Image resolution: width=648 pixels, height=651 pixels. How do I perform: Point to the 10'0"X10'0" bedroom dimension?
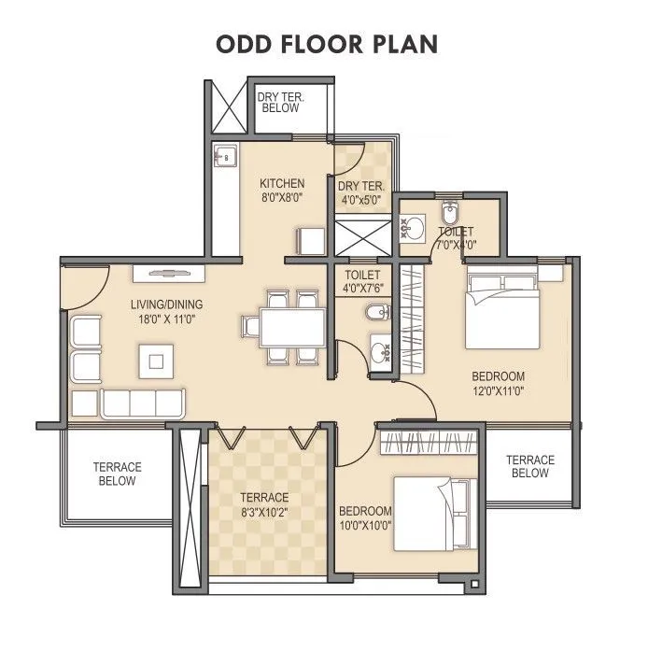pos(364,525)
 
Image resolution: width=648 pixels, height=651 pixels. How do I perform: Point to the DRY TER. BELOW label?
pos(280,102)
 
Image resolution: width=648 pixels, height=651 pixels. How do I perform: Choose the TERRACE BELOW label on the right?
pos(529,467)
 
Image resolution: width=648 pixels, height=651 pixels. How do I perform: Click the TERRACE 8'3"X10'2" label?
pos(263,504)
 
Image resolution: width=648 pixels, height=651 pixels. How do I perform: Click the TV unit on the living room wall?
pos(172,272)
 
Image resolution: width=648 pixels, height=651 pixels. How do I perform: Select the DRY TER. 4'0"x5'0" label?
pos(360,192)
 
